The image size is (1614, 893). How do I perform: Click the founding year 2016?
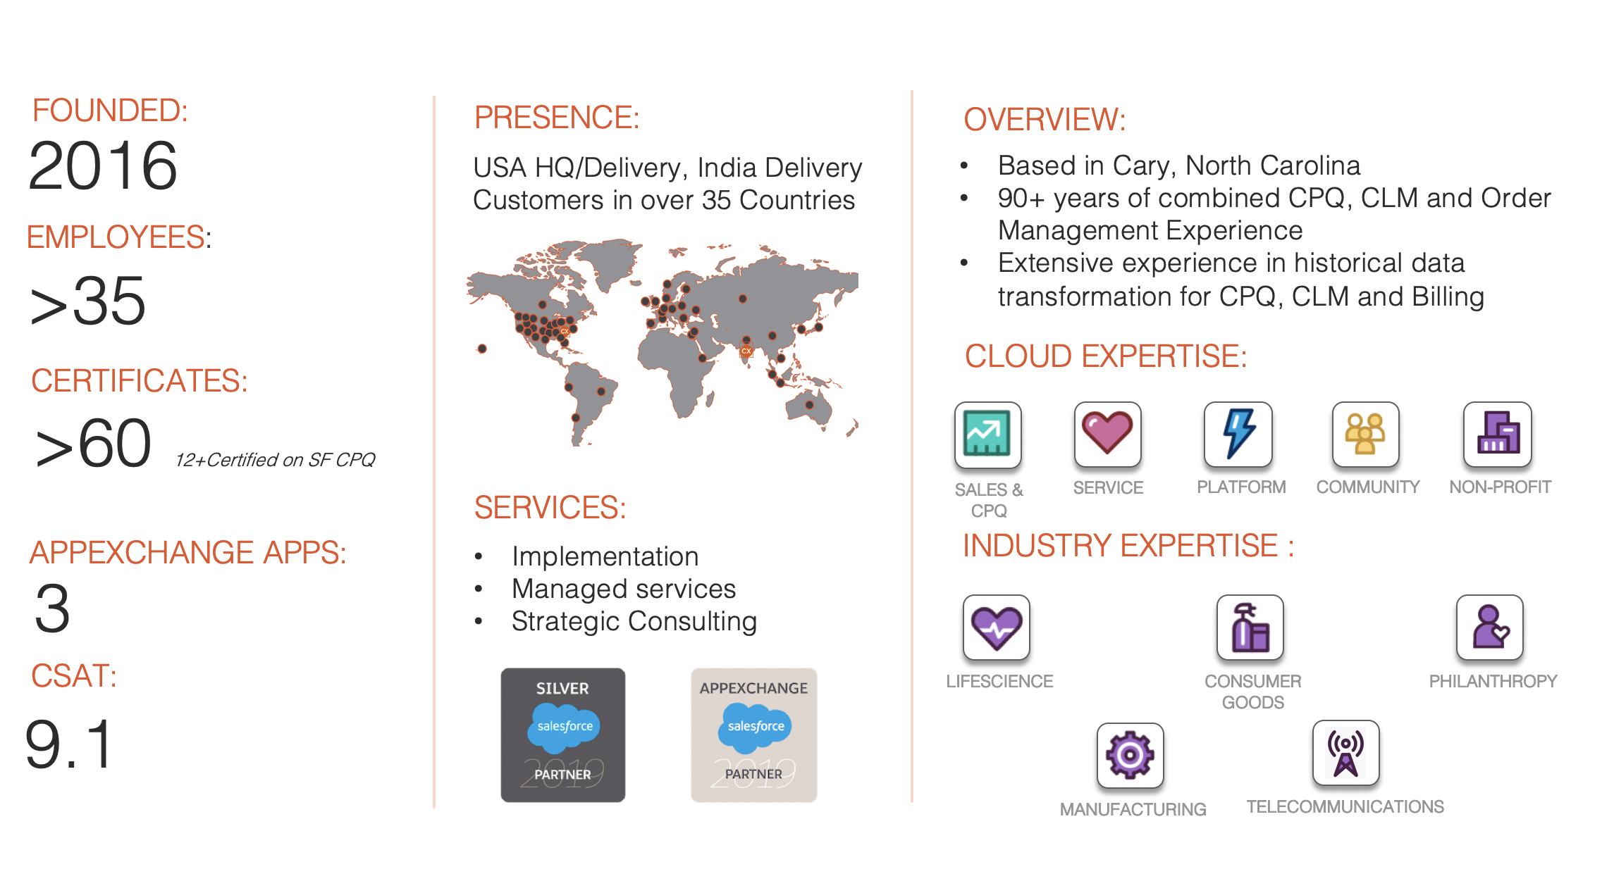click(x=103, y=166)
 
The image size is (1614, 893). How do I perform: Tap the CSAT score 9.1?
click(x=69, y=744)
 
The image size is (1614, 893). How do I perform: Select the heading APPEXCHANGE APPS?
click(x=187, y=552)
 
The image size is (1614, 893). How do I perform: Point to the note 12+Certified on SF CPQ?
click(x=275, y=460)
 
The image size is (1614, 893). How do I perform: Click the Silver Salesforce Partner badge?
click(x=562, y=735)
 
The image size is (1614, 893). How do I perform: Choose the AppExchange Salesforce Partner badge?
click(x=753, y=735)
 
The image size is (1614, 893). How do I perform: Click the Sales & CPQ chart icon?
click(x=987, y=435)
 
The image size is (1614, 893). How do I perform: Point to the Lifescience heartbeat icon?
click(x=996, y=627)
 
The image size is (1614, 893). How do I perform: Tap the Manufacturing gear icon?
click(x=1130, y=755)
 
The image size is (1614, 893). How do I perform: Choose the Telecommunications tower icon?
click(x=1345, y=752)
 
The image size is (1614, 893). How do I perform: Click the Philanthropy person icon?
click(x=1489, y=627)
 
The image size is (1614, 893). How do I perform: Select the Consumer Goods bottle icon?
click(x=1250, y=627)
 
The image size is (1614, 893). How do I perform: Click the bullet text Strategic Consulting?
click(x=634, y=621)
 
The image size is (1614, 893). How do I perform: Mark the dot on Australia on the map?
click(x=809, y=405)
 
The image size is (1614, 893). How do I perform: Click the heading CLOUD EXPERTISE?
click(x=1105, y=356)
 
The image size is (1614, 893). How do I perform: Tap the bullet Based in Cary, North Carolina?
click(x=1178, y=166)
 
